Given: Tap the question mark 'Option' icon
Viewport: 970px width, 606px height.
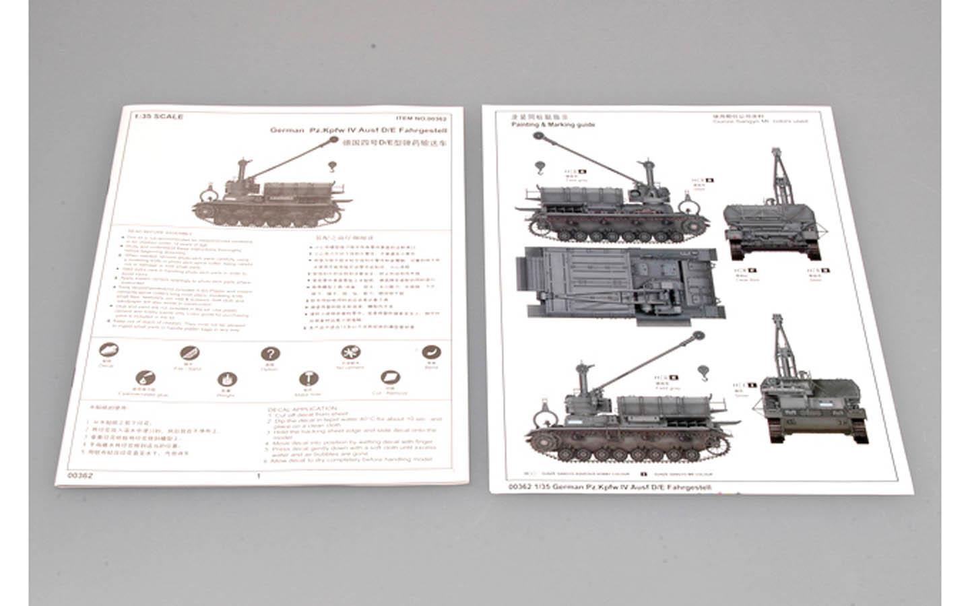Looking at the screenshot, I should point(270,354).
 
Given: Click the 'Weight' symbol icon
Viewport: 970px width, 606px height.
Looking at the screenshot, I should point(227,380).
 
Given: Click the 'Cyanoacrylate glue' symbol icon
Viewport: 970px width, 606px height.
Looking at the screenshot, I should point(145,379).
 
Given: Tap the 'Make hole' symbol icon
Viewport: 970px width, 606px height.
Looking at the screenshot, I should point(308,378).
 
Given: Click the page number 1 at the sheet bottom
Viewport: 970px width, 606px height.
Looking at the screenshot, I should point(259,475).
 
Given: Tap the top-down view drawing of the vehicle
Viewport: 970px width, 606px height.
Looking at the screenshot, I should point(621,282).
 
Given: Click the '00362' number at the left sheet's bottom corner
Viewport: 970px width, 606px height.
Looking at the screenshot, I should point(80,475).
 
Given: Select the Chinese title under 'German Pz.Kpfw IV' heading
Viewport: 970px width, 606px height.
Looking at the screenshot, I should point(395,143).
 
